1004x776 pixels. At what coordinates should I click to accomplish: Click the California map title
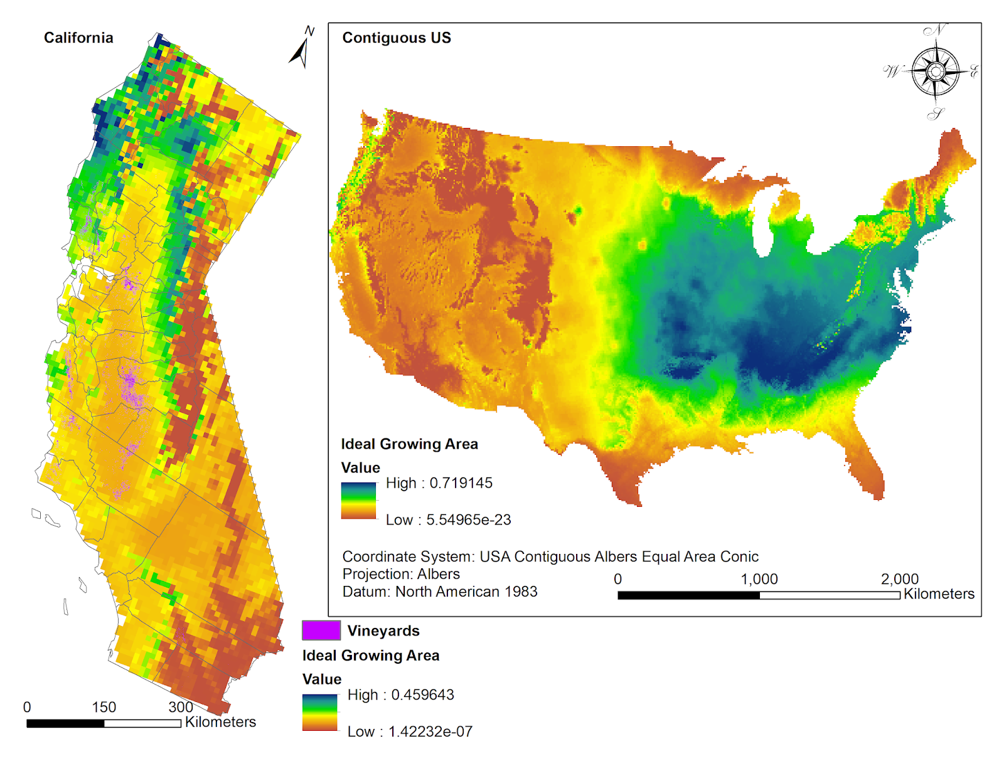78,38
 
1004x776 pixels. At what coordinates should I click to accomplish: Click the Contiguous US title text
396,38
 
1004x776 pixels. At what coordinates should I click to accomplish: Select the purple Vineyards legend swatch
321,630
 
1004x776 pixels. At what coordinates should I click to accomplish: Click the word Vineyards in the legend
383,630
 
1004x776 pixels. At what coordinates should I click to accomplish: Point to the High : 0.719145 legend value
439,483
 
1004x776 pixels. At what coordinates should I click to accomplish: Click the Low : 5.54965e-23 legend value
448,520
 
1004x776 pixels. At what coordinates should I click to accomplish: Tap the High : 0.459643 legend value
400,694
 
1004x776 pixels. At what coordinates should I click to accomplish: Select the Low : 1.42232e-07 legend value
410,731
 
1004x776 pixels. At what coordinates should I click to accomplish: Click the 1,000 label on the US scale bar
759,579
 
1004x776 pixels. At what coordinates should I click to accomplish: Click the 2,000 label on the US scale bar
899,579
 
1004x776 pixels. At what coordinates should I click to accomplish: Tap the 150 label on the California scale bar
104,707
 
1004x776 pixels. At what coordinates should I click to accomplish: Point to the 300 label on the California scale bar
181,707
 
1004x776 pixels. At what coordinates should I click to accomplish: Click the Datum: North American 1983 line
439,592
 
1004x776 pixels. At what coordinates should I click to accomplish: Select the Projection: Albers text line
401,574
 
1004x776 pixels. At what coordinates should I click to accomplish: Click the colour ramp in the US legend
358,501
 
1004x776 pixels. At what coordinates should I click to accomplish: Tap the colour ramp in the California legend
319,712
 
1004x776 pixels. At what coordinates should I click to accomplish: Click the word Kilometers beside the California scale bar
220,722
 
